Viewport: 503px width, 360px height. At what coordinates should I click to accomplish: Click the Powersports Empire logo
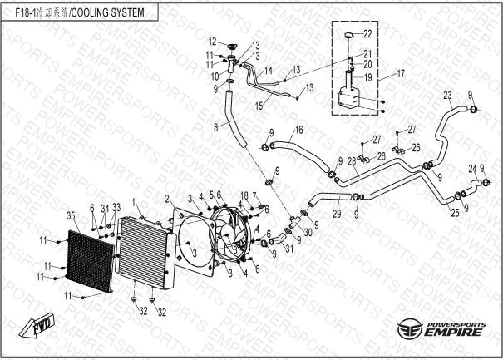[x=440, y=328]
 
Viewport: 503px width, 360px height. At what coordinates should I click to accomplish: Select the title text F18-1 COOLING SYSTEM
[x=74, y=13]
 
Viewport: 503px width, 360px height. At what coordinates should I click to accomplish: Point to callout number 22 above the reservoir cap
[x=369, y=33]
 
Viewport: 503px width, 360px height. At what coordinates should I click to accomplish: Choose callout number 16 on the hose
[x=298, y=130]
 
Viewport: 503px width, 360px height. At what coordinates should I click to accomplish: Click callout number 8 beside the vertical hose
[x=215, y=126]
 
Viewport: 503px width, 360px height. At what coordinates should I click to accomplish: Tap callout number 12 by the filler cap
[x=213, y=41]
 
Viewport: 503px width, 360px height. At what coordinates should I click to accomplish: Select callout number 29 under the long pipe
[x=337, y=215]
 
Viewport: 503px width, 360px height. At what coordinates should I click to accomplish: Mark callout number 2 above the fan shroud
[x=168, y=198]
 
